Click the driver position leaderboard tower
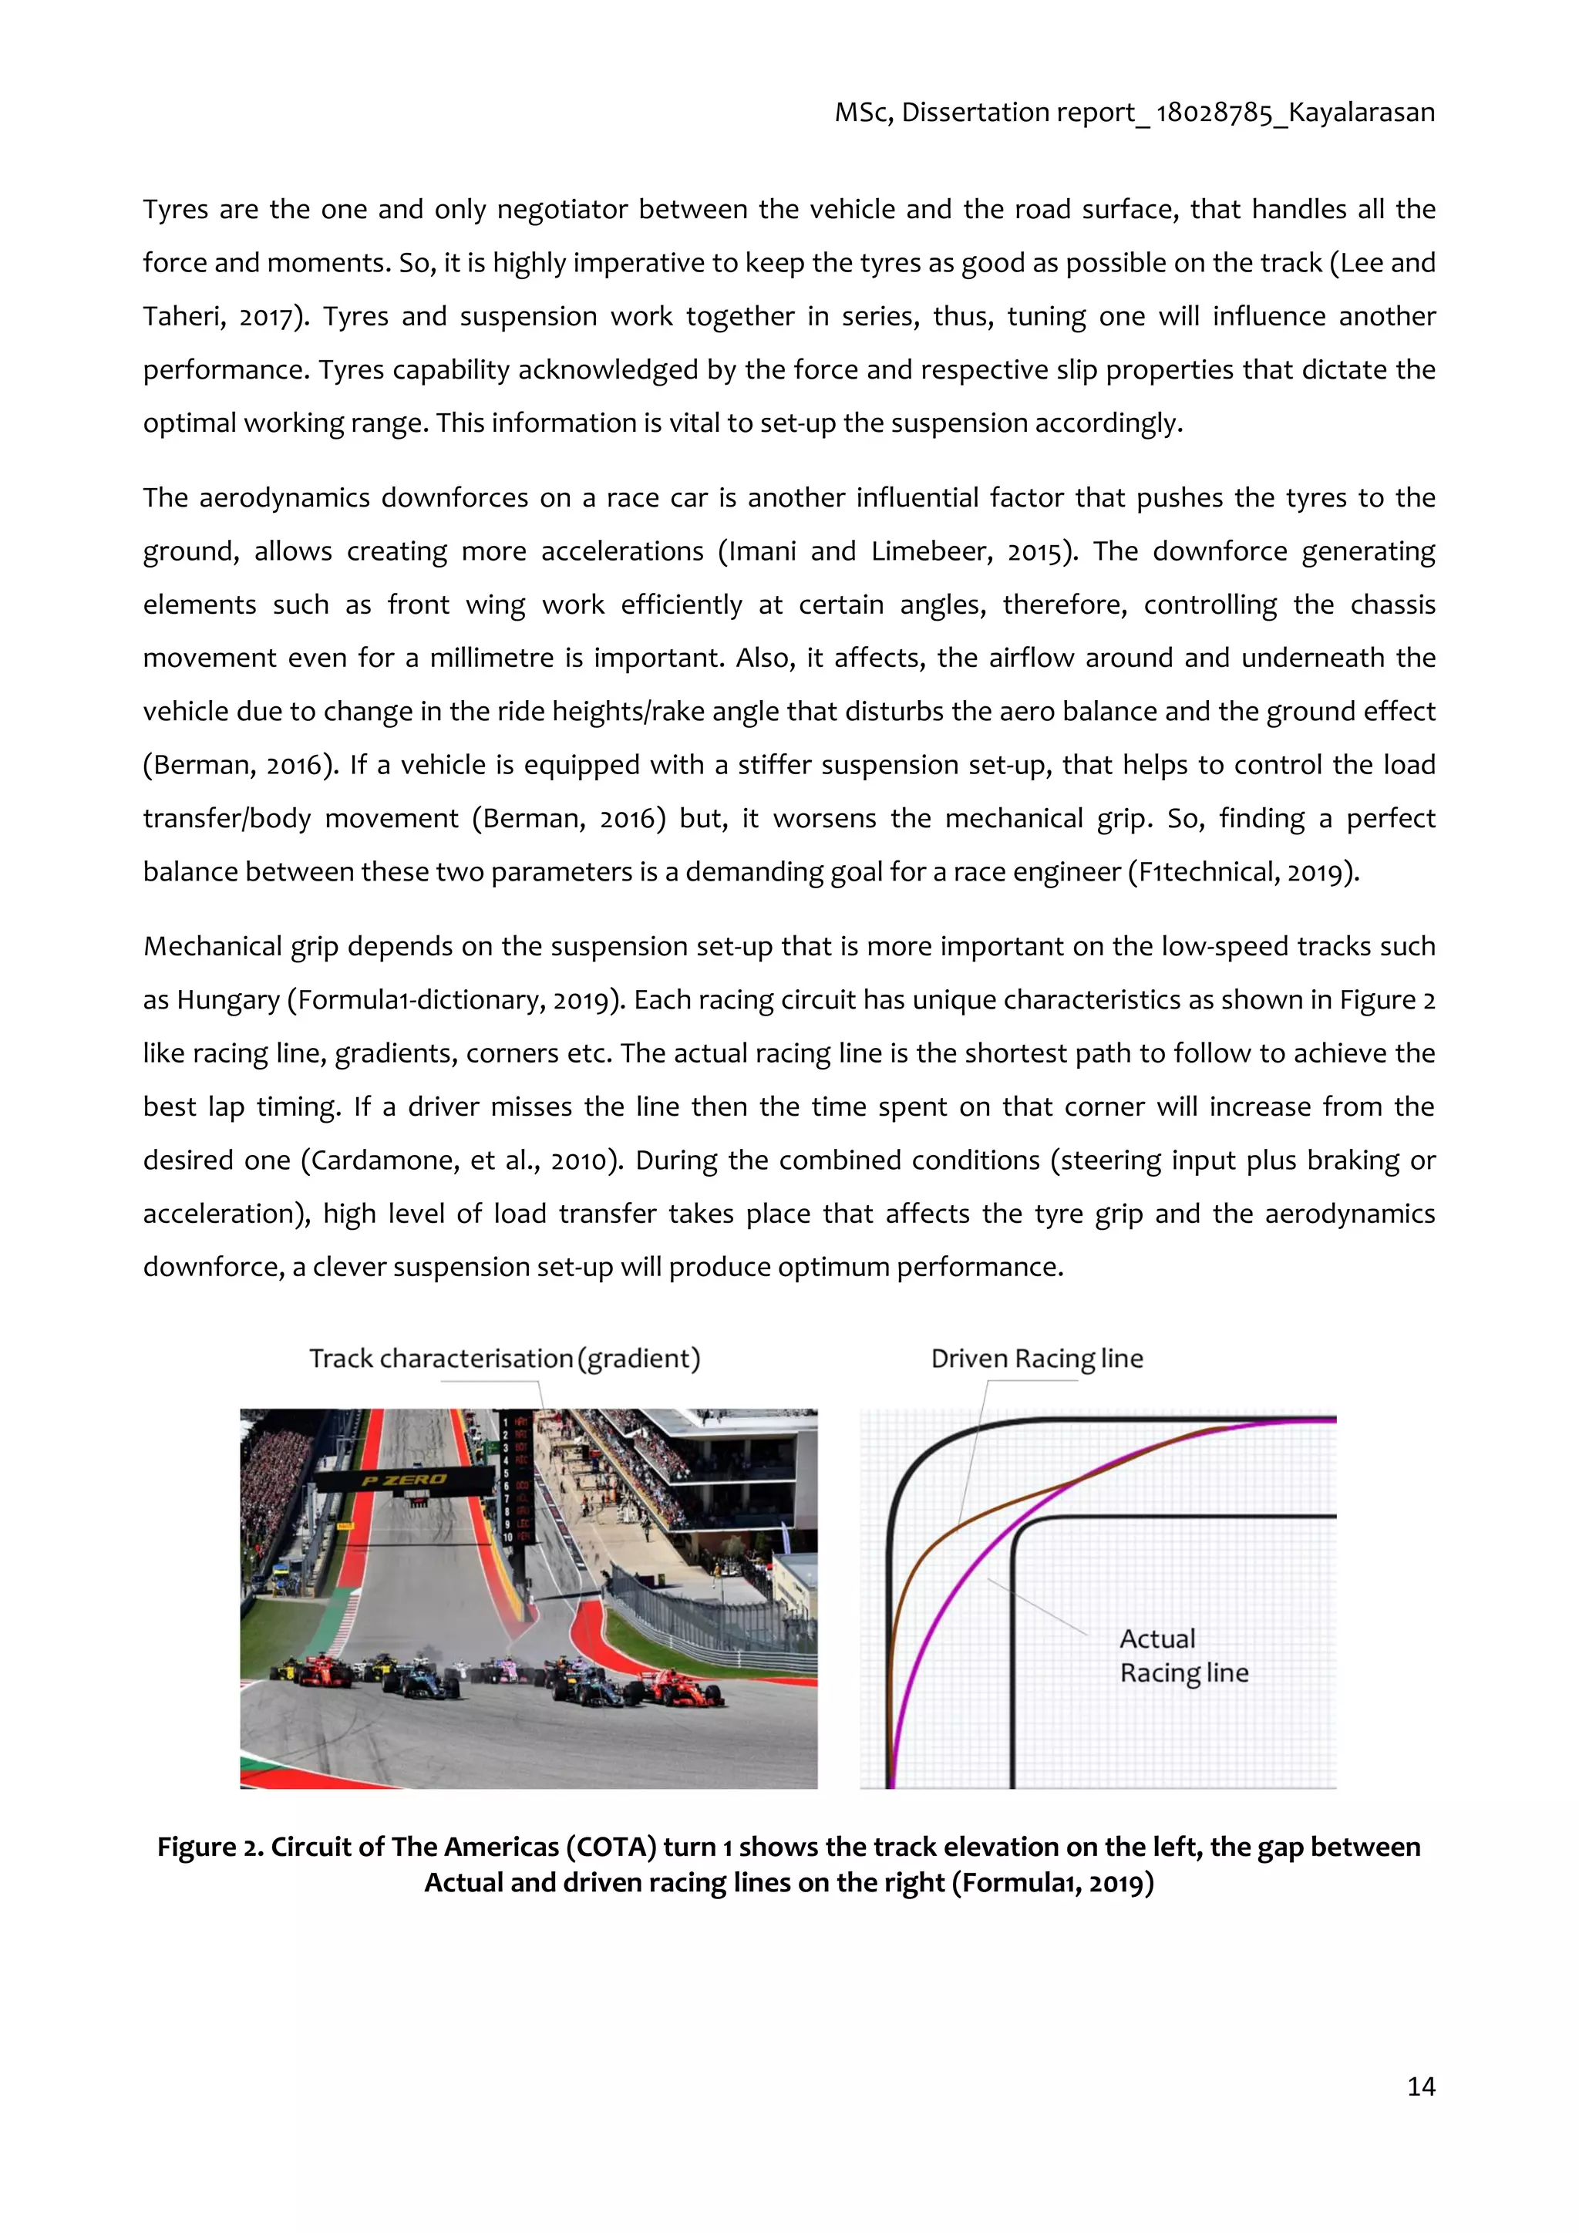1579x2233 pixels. tap(515, 1478)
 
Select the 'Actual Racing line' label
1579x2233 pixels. tap(1183, 1655)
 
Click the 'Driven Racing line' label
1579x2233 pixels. tap(1036, 1358)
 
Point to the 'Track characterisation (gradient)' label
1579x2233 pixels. tap(505, 1358)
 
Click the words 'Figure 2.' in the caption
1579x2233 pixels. tap(210, 1847)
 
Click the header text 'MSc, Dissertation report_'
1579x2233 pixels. tap(992, 113)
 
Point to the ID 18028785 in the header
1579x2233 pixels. tap(1214, 113)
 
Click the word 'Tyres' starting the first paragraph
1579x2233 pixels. tap(175, 209)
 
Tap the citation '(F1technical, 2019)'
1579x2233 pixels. tap(1243, 871)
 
